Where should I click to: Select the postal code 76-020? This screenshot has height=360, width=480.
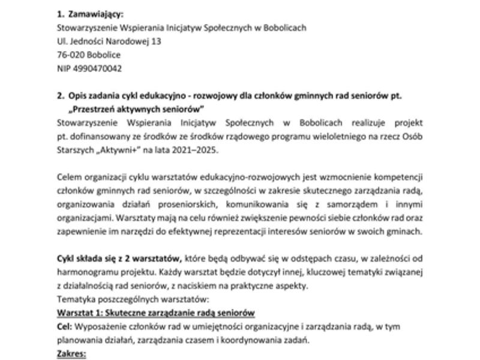(69, 55)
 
